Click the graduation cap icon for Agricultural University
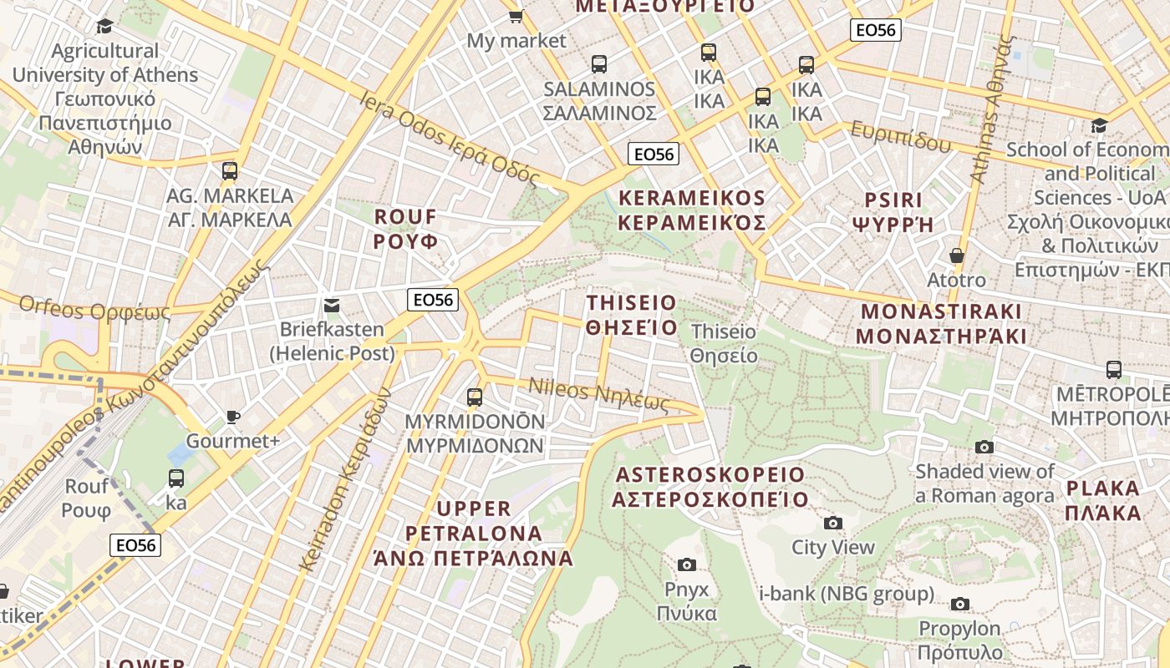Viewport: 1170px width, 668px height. [104, 26]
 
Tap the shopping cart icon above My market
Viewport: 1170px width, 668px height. [516, 16]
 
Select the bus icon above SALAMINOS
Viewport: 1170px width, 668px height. [598, 63]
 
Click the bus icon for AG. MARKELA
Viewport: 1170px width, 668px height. [230, 171]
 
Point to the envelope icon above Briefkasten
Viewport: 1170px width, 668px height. [332, 305]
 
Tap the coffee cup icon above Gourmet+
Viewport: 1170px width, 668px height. [232, 417]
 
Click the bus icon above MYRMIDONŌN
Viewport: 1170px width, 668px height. [475, 397]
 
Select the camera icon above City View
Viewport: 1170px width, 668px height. [832, 524]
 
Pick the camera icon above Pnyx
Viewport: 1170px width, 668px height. [686, 565]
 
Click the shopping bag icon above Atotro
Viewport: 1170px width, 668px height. [957, 256]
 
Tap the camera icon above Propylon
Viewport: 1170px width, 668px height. [959, 604]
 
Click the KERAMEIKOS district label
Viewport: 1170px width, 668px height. [692, 210]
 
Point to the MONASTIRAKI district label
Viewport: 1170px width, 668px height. [941, 324]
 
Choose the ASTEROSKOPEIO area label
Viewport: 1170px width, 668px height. [710, 487]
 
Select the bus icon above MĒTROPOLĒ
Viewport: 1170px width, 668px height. [1113, 369]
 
